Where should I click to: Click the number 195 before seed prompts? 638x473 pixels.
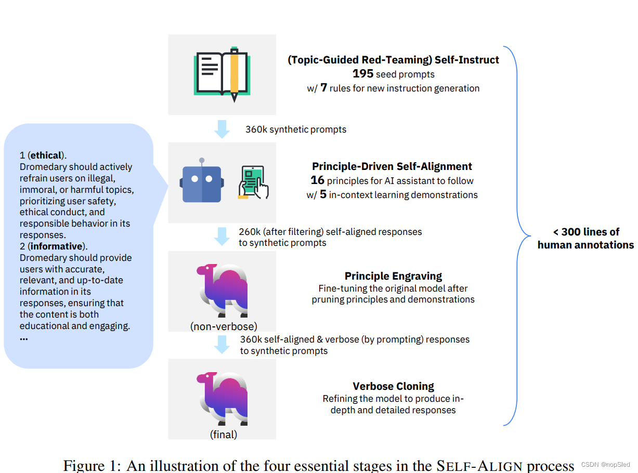point(363,74)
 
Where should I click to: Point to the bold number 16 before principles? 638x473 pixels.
point(317,180)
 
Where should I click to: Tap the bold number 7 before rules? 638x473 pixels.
point(323,88)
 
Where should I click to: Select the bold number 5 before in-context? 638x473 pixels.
point(323,195)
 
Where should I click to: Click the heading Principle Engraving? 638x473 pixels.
point(393,276)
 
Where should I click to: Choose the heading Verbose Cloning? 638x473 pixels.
point(393,386)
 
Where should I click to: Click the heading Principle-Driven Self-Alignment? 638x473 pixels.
point(392,166)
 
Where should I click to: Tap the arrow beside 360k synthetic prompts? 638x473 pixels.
point(222,129)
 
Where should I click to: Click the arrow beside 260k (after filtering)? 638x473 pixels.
point(222,236)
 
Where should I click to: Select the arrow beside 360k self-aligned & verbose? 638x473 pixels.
point(222,344)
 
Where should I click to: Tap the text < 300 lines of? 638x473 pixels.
point(586,232)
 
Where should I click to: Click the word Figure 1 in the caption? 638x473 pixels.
point(92,465)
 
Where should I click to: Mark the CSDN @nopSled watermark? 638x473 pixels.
point(605,465)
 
